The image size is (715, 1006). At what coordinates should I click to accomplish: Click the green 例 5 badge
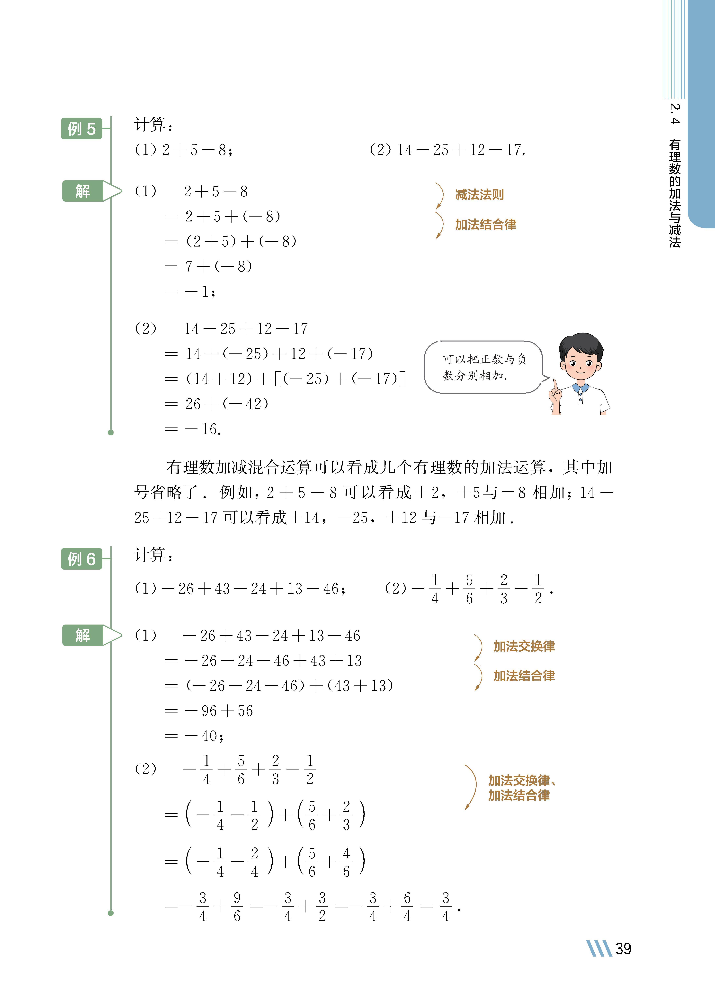tap(81, 129)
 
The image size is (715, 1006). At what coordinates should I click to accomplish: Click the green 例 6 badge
tap(81, 559)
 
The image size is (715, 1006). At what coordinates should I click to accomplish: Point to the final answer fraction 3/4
tap(446, 907)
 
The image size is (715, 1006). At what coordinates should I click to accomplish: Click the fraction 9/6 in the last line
tap(237, 907)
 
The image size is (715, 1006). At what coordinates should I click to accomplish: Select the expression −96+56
tap(219, 710)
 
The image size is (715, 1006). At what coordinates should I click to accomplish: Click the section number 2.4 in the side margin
tap(674, 114)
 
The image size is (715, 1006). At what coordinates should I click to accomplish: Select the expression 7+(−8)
tap(218, 266)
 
